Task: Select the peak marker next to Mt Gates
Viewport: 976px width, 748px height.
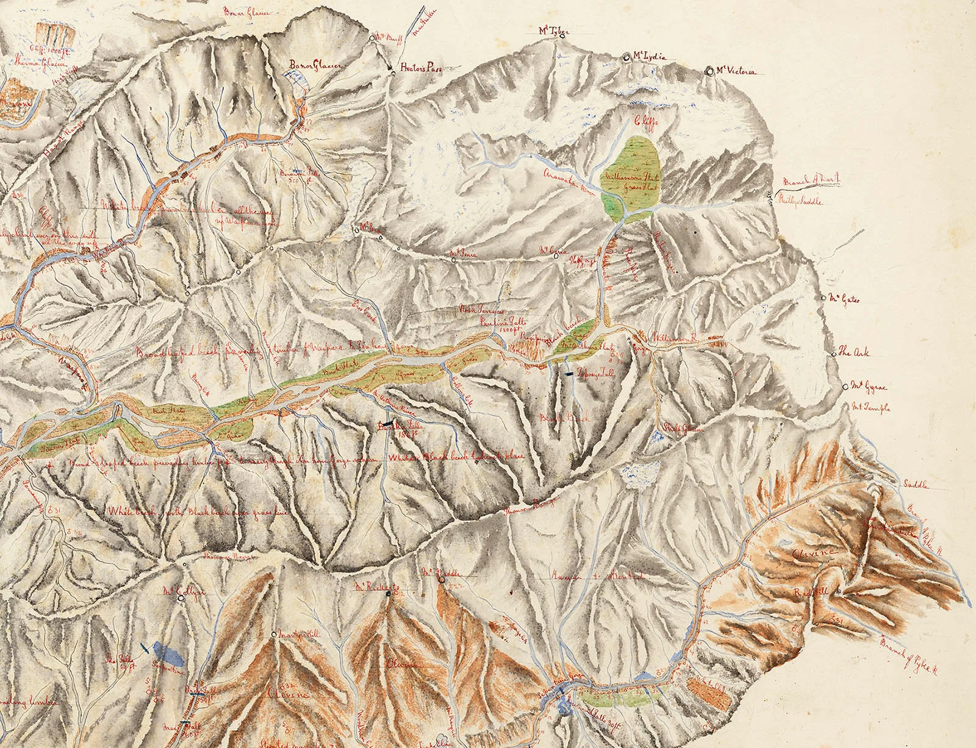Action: point(823,299)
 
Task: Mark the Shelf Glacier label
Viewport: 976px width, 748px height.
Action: point(683,428)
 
